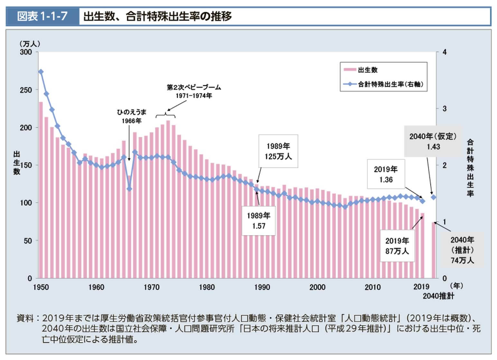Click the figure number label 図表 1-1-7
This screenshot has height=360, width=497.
(42, 16)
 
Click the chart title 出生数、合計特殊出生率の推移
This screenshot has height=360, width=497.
(157, 16)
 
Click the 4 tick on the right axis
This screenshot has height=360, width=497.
(445, 52)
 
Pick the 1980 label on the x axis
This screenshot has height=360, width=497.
(207, 287)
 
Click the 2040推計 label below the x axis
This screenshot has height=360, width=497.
(438, 296)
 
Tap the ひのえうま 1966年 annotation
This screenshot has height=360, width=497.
(131, 116)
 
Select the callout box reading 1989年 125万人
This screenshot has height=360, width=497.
(278, 151)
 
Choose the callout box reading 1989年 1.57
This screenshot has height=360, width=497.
(258, 221)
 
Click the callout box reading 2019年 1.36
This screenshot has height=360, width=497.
(386, 174)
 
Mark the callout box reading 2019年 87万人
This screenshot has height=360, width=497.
(397, 246)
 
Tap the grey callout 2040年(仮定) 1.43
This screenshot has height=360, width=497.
(433, 141)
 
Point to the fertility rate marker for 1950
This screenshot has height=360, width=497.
(41, 72)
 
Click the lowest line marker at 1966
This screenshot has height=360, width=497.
(129, 189)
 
